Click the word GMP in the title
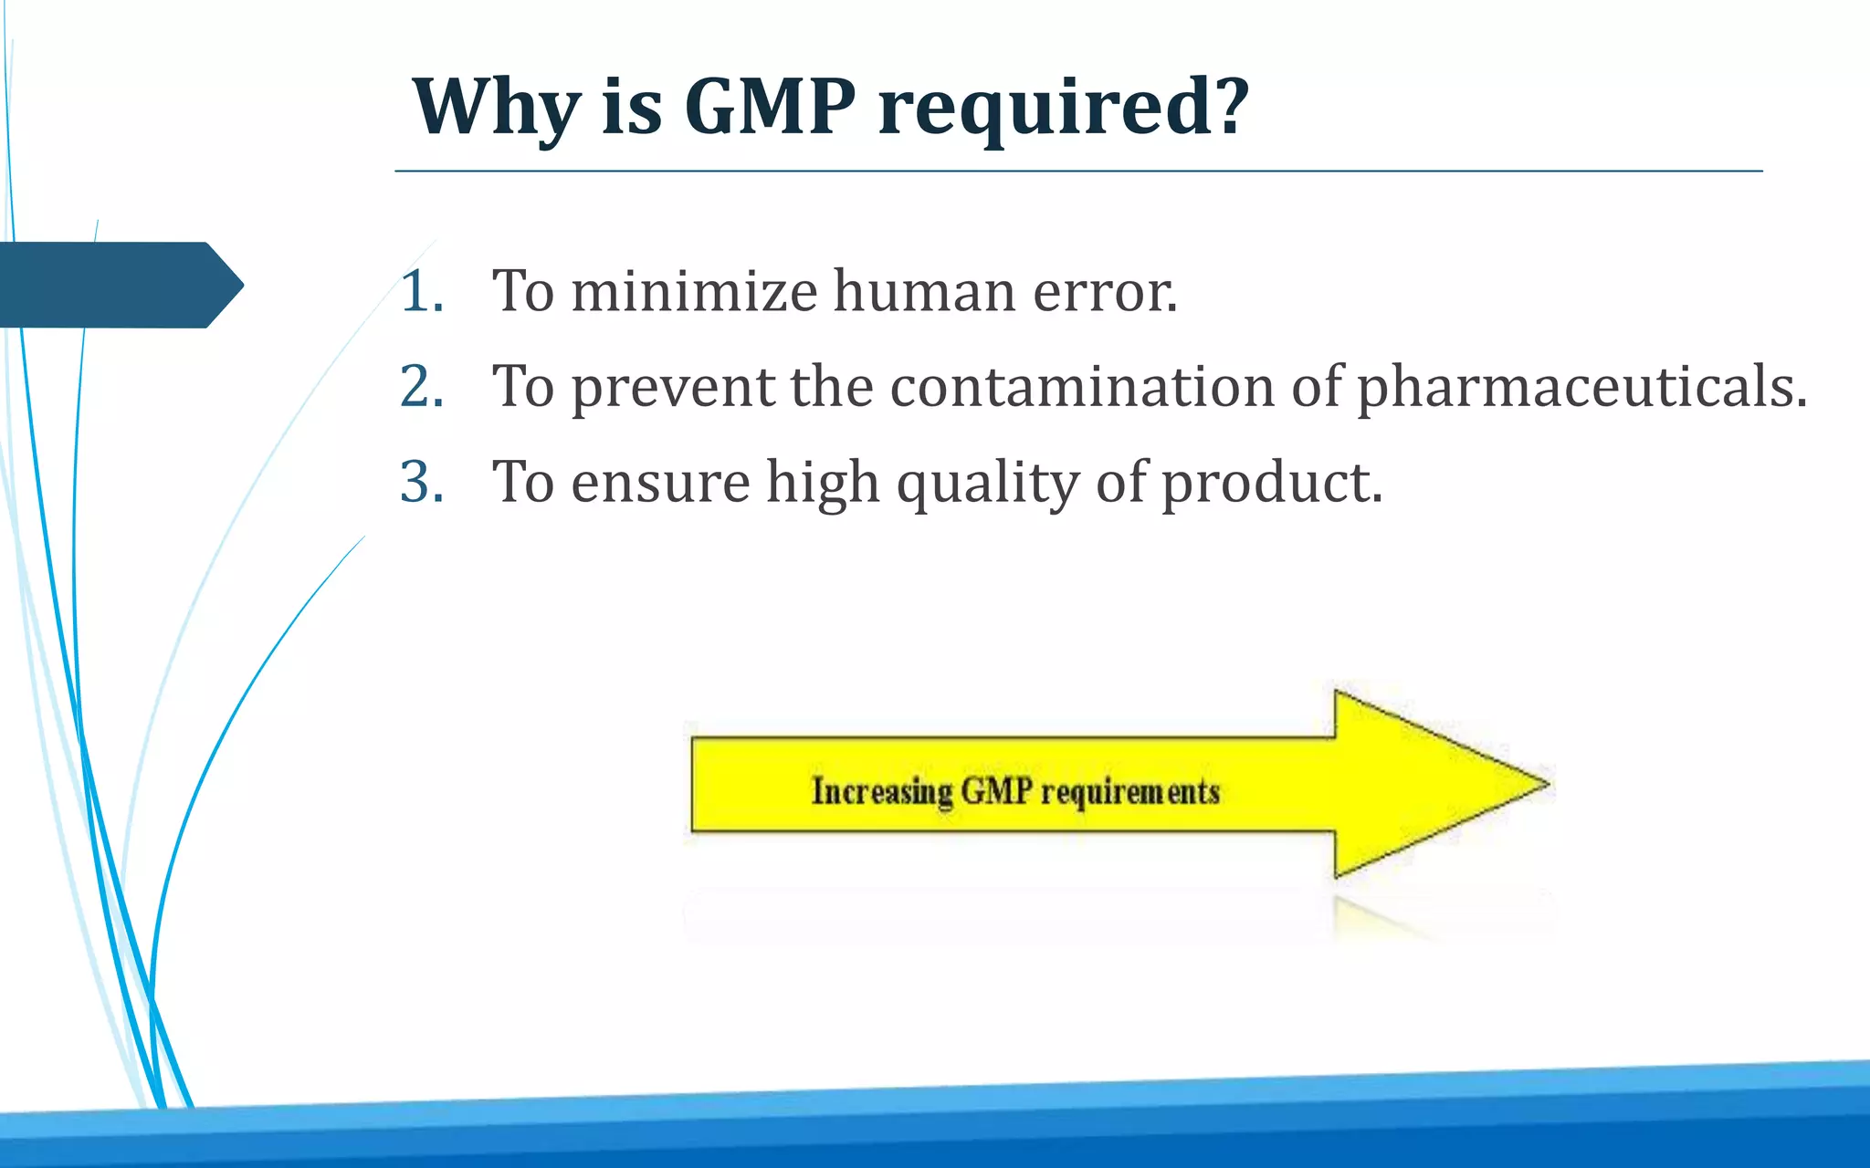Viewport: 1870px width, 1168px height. [770, 107]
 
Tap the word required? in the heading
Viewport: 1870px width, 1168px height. [1064, 109]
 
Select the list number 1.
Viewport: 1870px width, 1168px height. [422, 293]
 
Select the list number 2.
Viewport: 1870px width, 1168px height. [422, 387]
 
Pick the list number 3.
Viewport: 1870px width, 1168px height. [422, 482]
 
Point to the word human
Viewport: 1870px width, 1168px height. [924, 292]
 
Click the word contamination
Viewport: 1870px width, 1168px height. [1082, 386]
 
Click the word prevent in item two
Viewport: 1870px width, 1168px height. [673, 388]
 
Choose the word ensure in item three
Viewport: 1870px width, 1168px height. [660, 483]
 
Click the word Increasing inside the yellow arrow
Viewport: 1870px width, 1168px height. [882, 791]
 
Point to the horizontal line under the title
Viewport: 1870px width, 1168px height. [1077, 171]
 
